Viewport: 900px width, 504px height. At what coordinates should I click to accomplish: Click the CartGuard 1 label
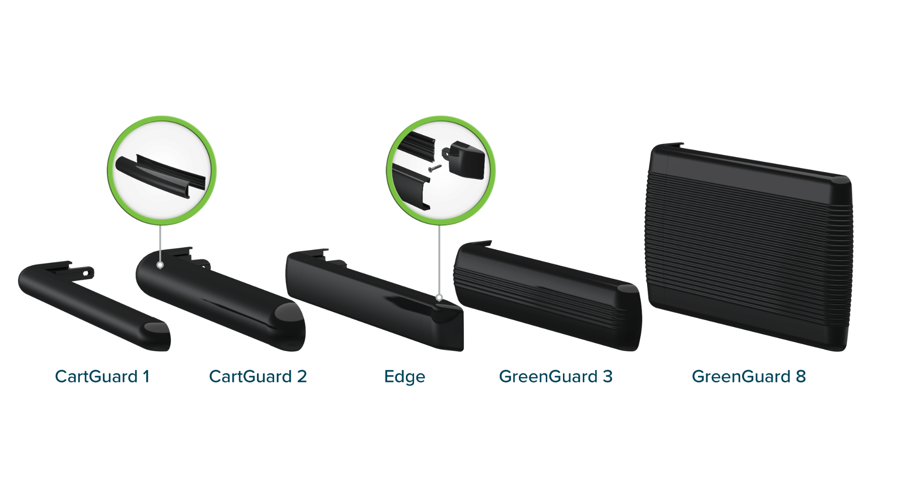coord(102,377)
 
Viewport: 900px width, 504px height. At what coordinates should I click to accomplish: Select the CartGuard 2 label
coord(258,377)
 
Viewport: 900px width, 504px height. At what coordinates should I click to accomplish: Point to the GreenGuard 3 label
coord(556,377)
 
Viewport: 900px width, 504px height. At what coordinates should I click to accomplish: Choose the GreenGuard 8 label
coord(749,377)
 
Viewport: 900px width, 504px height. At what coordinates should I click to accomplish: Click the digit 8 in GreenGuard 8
coord(801,377)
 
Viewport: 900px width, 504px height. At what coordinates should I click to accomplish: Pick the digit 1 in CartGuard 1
coord(146,377)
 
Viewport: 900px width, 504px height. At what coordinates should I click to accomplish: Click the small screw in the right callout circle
coord(435,168)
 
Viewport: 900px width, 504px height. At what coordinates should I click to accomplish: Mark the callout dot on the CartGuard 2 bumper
coord(160,265)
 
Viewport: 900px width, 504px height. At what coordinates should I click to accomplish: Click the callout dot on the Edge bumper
coord(439,298)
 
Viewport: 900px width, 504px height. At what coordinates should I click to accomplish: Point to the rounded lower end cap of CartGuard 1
coord(157,336)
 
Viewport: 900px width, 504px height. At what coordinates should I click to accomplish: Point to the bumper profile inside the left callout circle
coord(161,176)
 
